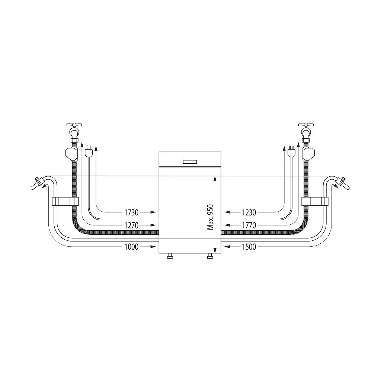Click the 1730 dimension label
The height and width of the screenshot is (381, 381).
tap(131, 212)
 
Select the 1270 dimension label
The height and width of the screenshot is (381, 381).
tap(131, 225)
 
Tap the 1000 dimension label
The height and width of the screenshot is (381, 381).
tap(131, 247)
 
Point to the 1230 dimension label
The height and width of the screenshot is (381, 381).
tap(249, 212)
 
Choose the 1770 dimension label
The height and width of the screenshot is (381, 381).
tap(249, 225)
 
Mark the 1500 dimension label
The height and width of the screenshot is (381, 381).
tap(249, 247)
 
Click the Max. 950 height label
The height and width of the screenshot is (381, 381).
tap(210, 217)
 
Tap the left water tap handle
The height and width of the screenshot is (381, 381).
tap(74, 125)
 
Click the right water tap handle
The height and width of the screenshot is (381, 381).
tap(306, 125)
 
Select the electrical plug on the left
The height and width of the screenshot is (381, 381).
tap(89, 152)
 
